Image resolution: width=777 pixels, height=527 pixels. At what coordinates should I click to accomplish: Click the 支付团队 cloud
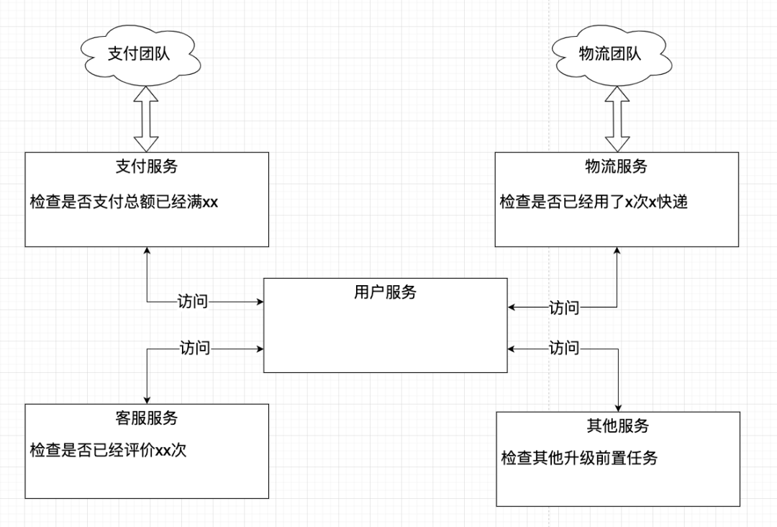pos(138,54)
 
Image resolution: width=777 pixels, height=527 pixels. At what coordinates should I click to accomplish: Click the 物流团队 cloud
pos(609,54)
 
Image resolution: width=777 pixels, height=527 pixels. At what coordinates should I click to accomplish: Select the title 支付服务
pos(147,166)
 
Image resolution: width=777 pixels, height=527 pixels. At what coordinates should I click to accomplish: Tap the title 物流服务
pos(617,166)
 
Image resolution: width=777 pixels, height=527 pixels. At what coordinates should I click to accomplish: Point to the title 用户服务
pos(385,292)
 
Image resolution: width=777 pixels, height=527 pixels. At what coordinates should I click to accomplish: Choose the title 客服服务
pos(147,418)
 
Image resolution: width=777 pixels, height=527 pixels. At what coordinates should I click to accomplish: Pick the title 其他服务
pos(618,425)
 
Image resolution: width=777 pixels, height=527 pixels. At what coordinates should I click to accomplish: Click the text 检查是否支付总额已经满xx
pos(124,202)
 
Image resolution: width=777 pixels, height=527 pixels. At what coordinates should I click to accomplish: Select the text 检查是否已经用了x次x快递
pos(594,202)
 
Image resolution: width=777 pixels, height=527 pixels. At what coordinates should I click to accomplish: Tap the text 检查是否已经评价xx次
pos(109,450)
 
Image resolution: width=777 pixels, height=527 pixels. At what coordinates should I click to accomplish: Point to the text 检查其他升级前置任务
pos(579,458)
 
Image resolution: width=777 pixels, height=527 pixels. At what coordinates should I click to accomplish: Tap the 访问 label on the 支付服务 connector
pos(192,302)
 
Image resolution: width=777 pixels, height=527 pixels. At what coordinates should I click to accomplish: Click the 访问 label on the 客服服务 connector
pos(195,348)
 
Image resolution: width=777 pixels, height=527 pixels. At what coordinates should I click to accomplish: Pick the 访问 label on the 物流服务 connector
pos(564,308)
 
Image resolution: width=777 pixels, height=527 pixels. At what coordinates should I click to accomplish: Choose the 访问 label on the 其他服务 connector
pos(564,348)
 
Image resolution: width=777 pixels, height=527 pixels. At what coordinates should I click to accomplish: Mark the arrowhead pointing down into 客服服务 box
pos(147,399)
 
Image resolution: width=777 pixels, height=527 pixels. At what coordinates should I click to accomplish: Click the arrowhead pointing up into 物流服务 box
pos(617,251)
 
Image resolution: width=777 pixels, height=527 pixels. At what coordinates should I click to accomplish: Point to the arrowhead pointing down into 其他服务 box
pos(618,407)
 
